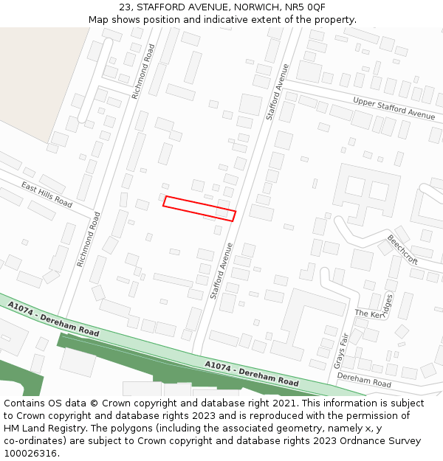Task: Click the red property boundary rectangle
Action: pyautogui.click(x=199, y=208)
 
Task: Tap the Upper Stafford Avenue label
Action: pyautogui.click(x=394, y=108)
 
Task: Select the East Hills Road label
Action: pyautogui.click(x=46, y=194)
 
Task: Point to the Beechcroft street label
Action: pyautogui.click(x=402, y=250)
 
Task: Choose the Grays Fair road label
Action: pyautogui.click(x=341, y=350)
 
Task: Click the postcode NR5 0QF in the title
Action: pyautogui.click(x=304, y=7)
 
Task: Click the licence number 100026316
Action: pyautogui.click(x=31, y=454)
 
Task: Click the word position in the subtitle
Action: pyautogui.click(x=163, y=20)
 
